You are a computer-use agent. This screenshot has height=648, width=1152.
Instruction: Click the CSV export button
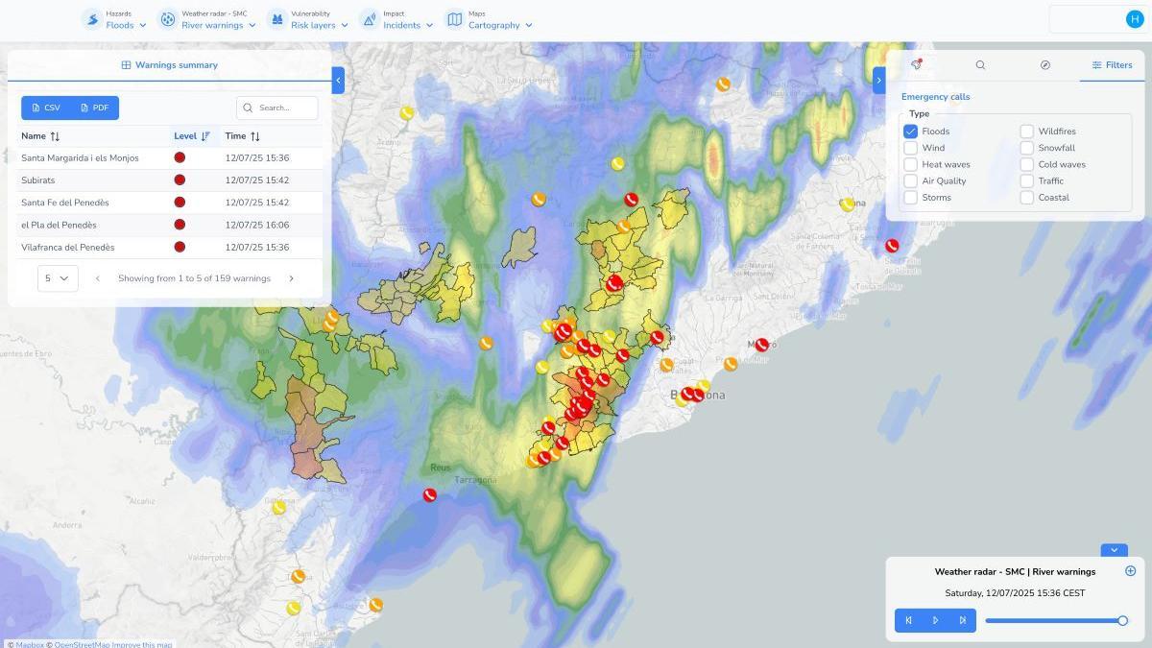click(x=46, y=108)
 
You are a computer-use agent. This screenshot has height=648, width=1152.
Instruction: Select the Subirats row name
click(x=38, y=180)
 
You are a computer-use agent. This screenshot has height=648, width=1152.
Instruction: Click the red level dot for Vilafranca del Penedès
click(x=180, y=247)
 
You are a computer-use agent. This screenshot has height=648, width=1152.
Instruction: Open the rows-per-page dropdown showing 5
click(x=58, y=278)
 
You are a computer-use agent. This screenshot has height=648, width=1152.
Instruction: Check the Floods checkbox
click(x=910, y=132)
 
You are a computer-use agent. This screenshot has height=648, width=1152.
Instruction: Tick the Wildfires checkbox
click(x=1026, y=132)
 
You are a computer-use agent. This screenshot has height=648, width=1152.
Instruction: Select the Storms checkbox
click(x=910, y=198)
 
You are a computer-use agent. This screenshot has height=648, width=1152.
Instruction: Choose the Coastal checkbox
click(x=1026, y=198)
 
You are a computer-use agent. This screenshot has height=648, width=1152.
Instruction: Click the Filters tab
click(x=1112, y=65)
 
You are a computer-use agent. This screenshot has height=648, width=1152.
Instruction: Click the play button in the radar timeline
click(x=935, y=620)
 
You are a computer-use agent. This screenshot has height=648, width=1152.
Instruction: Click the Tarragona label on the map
click(x=475, y=480)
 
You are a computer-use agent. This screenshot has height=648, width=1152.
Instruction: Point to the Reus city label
click(x=440, y=468)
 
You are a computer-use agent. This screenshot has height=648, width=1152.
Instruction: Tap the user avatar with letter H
click(x=1135, y=19)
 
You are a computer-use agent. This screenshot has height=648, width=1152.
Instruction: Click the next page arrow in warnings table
click(x=292, y=278)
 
